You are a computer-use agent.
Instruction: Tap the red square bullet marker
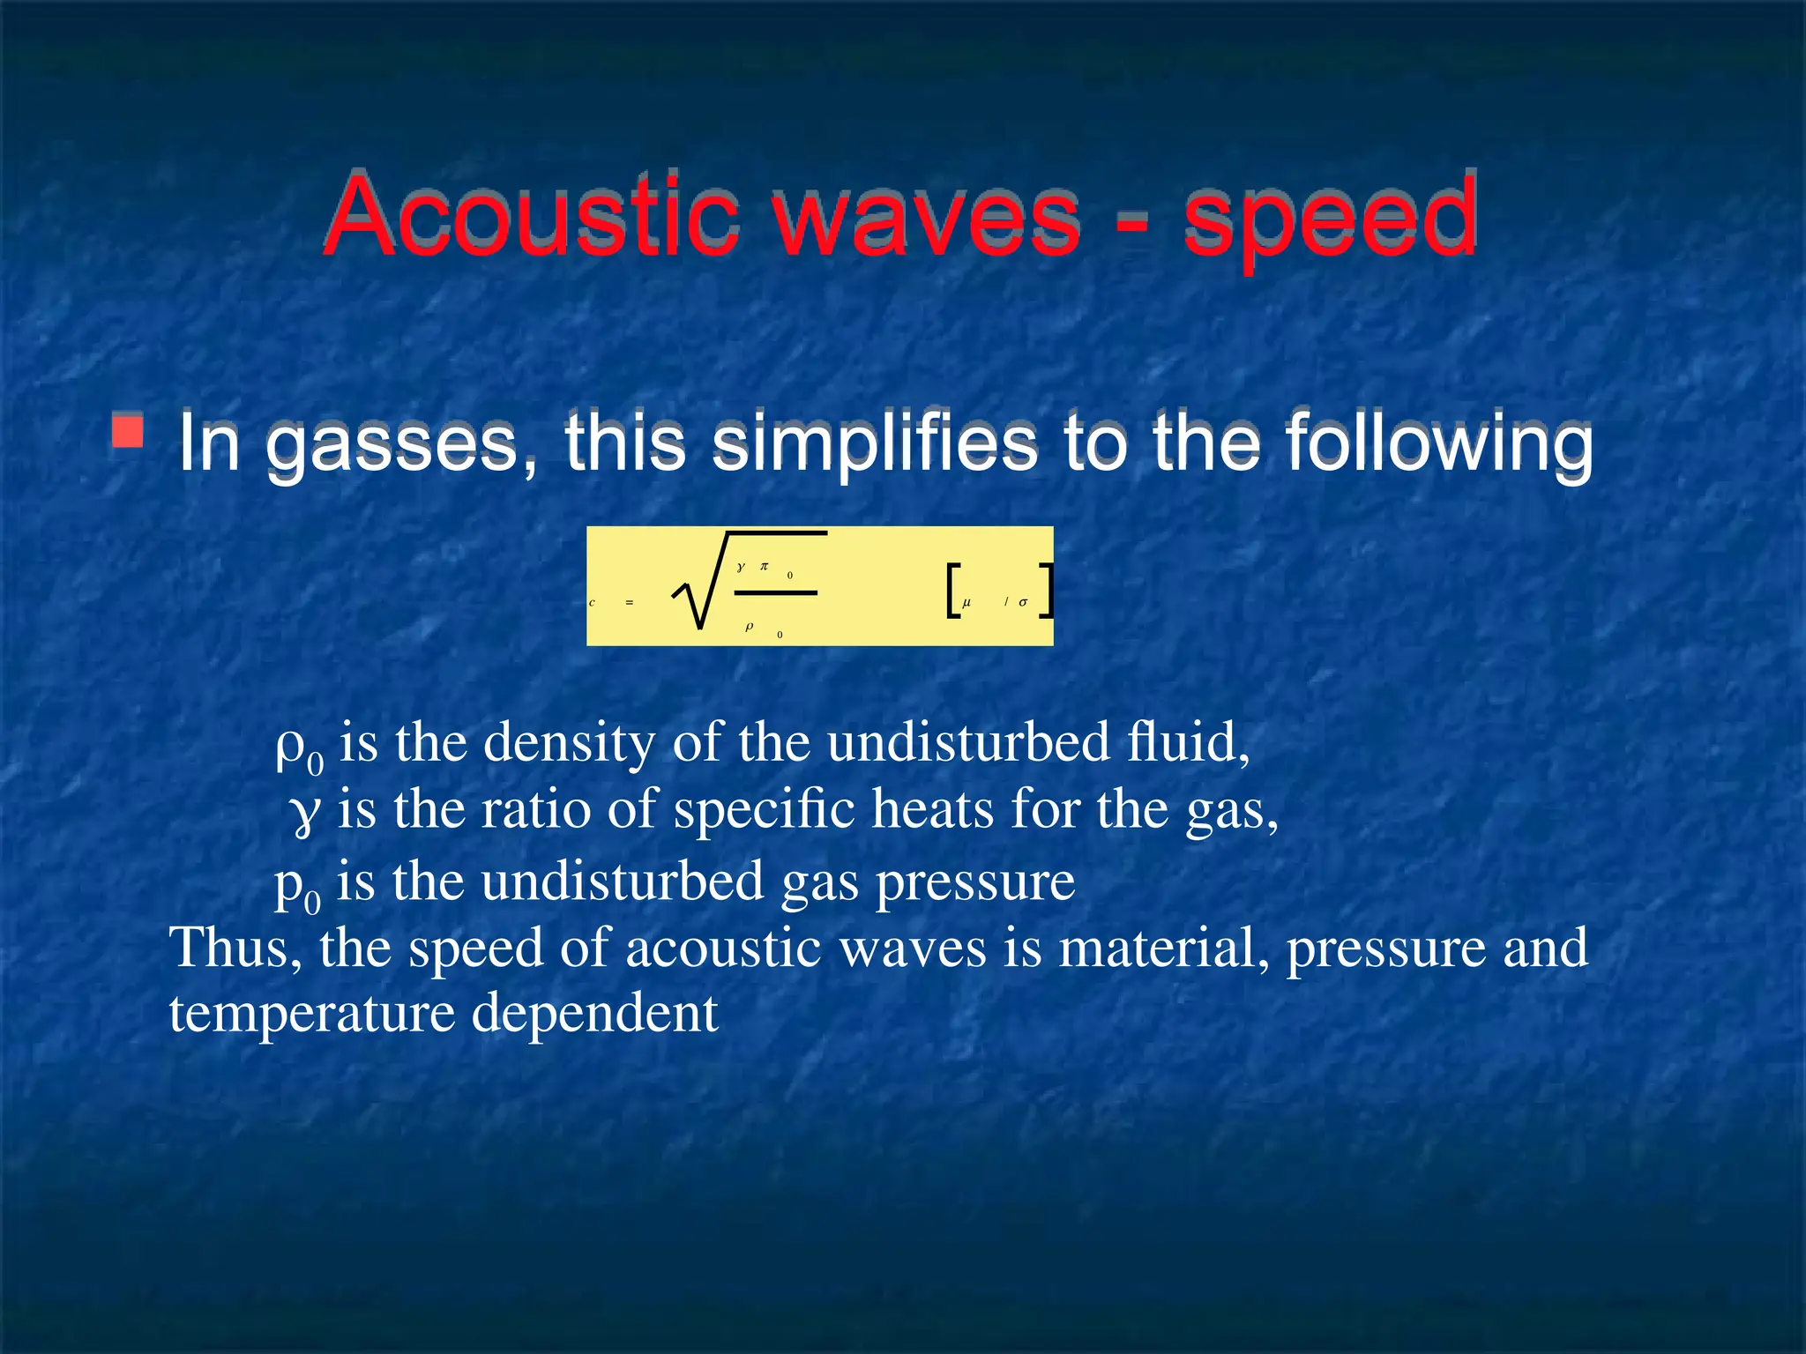[x=128, y=431]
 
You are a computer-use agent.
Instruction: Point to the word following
[x=1437, y=444]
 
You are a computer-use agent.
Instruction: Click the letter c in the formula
[x=592, y=603]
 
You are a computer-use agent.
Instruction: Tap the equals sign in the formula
[x=629, y=603]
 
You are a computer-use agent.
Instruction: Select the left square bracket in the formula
[x=952, y=592]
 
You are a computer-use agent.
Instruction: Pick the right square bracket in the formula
[x=1045, y=592]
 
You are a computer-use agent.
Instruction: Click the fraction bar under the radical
[x=775, y=593]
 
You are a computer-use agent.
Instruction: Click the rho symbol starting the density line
[x=290, y=746]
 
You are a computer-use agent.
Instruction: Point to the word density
[x=569, y=743]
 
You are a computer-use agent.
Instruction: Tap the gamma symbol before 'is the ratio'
[x=305, y=813]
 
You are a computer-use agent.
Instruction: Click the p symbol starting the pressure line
[x=289, y=883]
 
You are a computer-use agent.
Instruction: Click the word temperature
[x=311, y=1015]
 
